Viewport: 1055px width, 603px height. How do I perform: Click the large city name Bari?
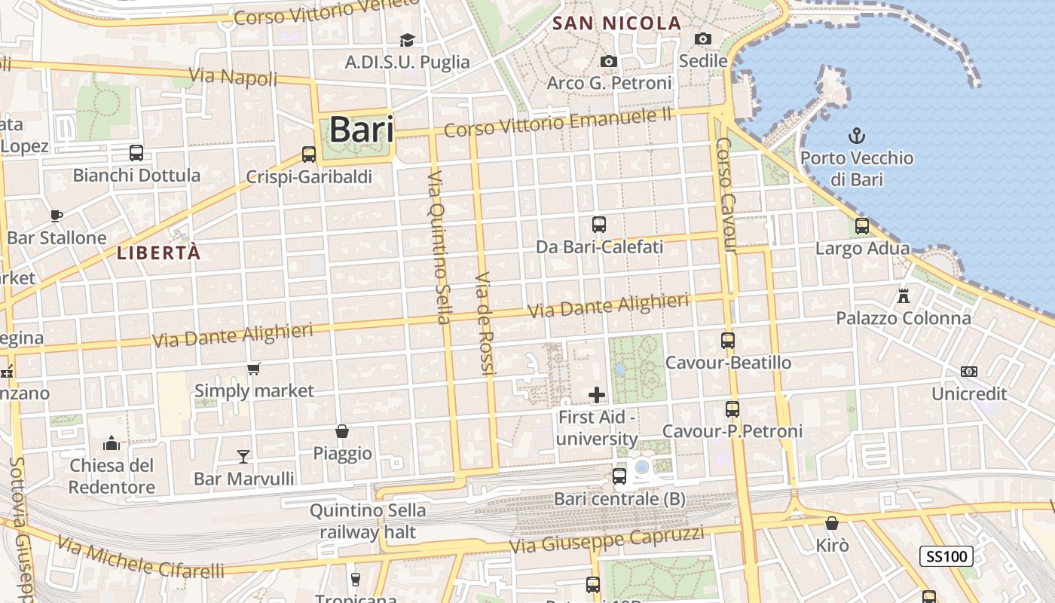(361, 130)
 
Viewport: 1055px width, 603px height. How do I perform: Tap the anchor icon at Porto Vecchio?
(856, 136)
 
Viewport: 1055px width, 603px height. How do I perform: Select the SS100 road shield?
(946, 557)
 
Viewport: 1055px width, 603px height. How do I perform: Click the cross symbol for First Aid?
(597, 394)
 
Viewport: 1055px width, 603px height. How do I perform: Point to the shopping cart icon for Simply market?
(254, 369)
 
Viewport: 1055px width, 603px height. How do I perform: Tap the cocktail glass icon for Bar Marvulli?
(243, 456)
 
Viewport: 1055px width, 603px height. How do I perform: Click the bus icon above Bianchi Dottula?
(136, 153)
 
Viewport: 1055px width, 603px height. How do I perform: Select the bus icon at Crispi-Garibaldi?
(308, 155)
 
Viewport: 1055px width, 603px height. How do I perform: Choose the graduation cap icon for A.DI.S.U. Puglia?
(407, 40)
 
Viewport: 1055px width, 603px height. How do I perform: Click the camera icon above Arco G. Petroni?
(609, 61)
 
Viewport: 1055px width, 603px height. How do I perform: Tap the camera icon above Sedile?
(703, 39)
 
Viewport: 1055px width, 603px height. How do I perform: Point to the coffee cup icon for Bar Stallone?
(56, 216)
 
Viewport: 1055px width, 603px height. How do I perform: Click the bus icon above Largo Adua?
(862, 225)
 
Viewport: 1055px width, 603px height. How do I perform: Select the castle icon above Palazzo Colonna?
(904, 295)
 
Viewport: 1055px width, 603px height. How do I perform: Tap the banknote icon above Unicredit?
(969, 372)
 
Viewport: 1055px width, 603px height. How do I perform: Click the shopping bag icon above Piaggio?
(342, 431)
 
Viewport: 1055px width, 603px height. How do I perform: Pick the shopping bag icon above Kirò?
(832, 522)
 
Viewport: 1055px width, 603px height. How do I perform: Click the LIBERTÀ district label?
(159, 253)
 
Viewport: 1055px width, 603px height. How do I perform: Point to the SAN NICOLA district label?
(617, 23)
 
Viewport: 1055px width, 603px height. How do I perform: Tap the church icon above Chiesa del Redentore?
(112, 442)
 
